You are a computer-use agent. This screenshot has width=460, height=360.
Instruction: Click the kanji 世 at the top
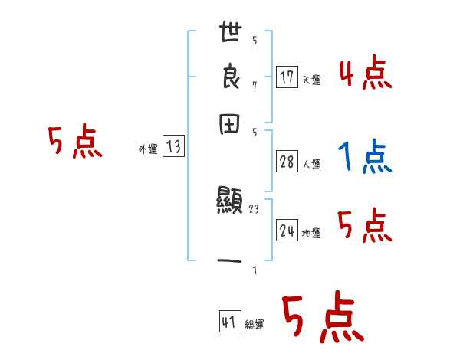(231, 34)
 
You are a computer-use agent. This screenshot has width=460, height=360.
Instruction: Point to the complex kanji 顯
(230, 203)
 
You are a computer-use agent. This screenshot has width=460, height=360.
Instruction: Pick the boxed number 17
(287, 77)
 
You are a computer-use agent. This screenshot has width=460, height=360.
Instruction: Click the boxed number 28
(287, 162)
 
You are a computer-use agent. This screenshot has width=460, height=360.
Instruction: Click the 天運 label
(311, 80)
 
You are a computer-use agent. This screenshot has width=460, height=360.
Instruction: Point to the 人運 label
(311, 164)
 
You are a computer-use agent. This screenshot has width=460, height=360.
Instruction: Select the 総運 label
(255, 325)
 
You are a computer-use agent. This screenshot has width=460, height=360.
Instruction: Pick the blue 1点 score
(364, 159)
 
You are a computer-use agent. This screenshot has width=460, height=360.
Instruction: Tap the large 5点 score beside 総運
(323, 318)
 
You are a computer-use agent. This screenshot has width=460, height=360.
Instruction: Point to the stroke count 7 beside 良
(255, 84)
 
